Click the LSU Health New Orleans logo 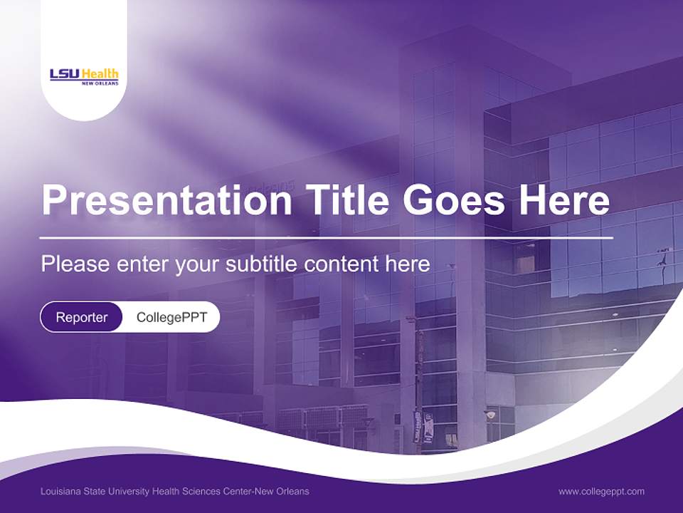click(x=84, y=76)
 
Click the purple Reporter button click(x=82, y=317)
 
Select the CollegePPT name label click(x=171, y=317)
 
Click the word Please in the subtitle click(x=75, y=264)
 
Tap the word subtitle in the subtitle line click(x=263, y=264)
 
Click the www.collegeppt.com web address click(x=601, y=492)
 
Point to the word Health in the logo click(x=100, y=73)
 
